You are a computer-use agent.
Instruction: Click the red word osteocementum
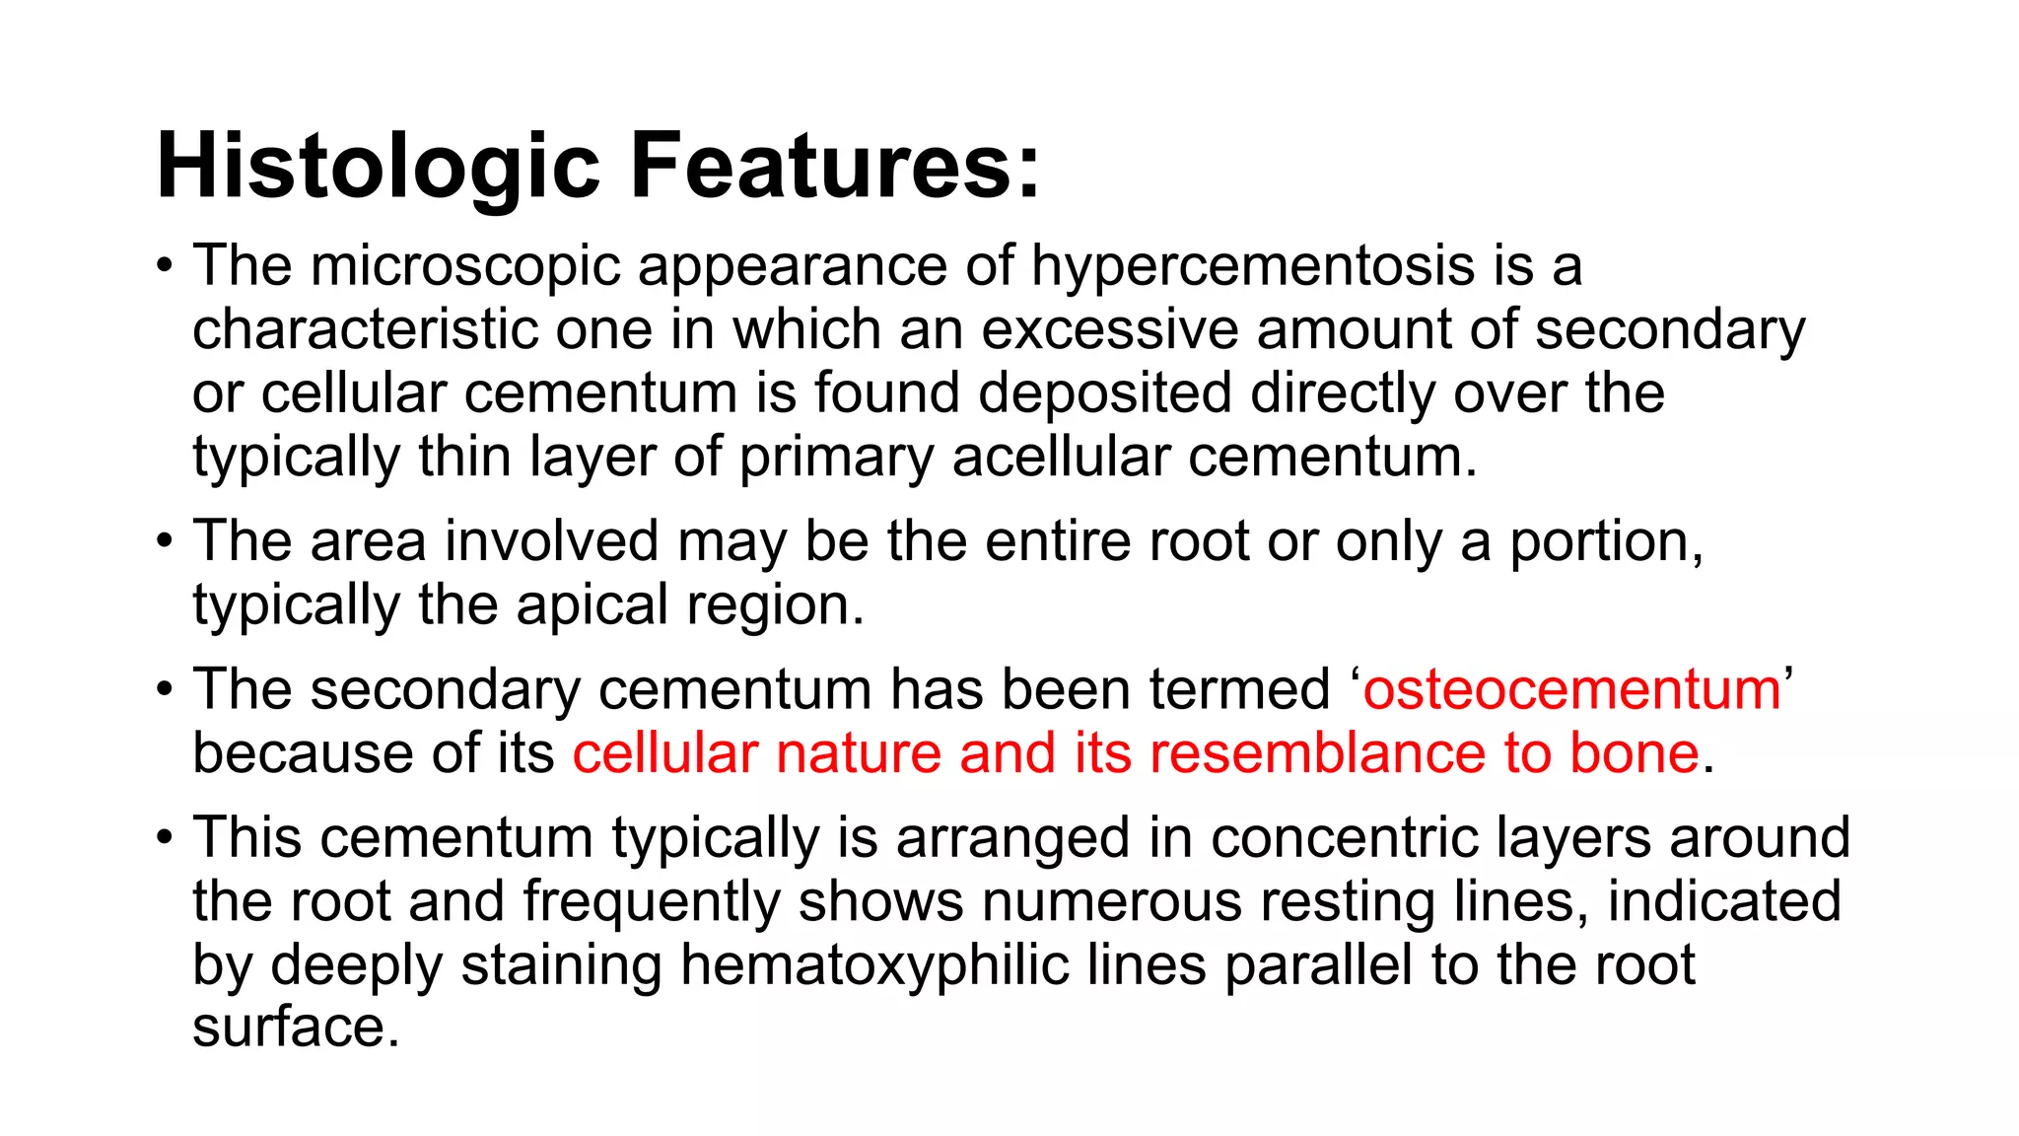[x=1571, y=689]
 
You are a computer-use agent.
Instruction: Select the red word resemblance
[x=1317, y=753]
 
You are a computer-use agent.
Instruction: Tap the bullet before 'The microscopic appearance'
[x=166, y=268]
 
